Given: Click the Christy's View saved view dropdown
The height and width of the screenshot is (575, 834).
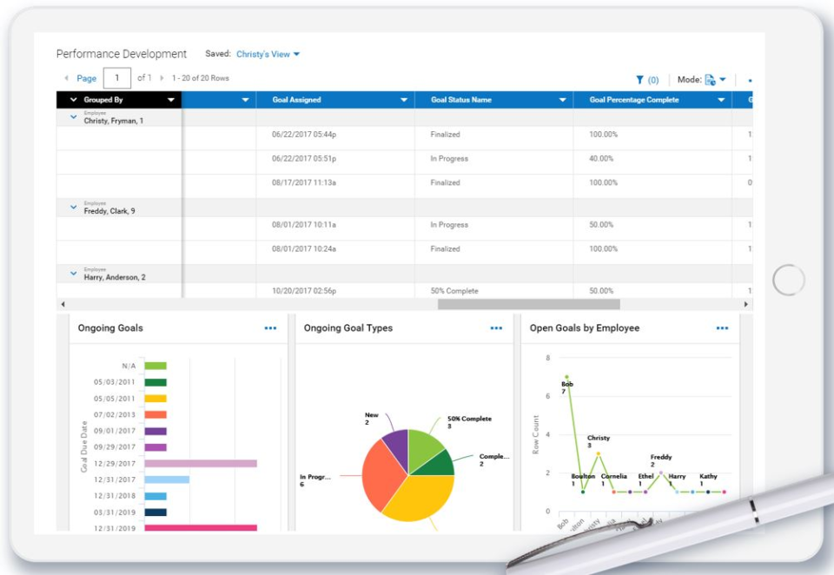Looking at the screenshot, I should (268, 54).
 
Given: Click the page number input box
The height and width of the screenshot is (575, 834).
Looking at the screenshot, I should (116, 78).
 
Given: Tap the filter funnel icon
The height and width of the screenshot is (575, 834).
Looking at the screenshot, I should (640, 80).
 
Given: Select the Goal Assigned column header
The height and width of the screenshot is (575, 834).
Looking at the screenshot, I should (297, 100).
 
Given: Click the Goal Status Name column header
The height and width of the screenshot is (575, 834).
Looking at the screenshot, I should (460, 100).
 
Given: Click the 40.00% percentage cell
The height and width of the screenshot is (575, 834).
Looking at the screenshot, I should (603, 159).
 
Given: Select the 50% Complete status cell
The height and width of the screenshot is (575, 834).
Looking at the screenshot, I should (454, 291).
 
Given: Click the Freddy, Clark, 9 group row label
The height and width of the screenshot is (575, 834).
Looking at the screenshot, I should (109, 210).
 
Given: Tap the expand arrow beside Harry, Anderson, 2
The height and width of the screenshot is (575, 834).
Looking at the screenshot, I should (73, 274).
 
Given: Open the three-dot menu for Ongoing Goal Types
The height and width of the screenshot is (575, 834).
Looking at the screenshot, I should (496, 328).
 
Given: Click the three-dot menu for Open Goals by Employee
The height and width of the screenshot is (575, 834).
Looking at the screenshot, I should (722, 328).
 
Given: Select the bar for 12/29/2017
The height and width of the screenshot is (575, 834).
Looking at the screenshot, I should (200, 464).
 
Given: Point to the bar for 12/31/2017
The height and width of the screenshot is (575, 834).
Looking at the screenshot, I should (167, 479).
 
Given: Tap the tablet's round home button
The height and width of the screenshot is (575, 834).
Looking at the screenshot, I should (789, 280).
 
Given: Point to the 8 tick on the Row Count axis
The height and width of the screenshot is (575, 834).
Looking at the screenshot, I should (547, 358).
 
